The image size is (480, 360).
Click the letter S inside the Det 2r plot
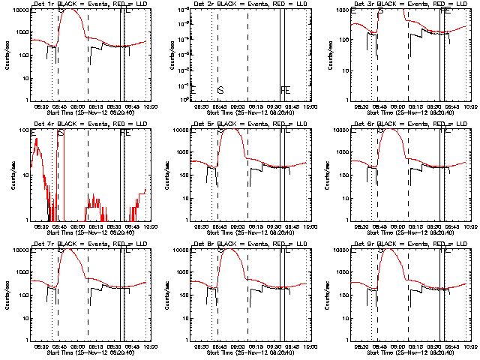(220, 90)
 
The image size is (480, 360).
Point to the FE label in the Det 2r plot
(285, 90)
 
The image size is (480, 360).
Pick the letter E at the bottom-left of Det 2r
(193, 90)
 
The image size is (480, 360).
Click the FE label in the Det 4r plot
(125, 133)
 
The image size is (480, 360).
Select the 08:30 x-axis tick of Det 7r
(41, 346)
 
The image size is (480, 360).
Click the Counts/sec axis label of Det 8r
(166, 295)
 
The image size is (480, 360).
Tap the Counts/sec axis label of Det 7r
(6, 295)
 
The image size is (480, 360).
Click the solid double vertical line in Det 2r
(281, 52)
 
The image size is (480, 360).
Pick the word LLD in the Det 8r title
(302, 245)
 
